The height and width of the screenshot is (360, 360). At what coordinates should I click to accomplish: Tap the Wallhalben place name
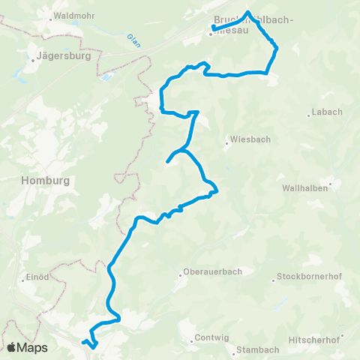click(x=304, y=188)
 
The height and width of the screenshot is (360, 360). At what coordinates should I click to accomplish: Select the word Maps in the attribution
click(x=33, y=347)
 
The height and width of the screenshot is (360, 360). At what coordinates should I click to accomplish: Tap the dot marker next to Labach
click(x=308, y=115)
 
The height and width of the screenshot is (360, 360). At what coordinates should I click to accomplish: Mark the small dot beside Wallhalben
click(x=330, y=182)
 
